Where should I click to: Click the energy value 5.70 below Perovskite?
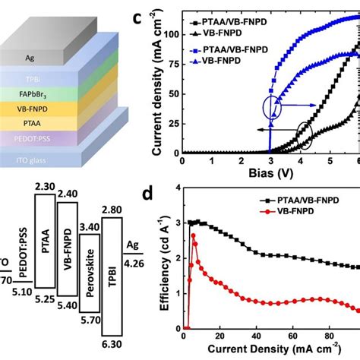tap(90, 321)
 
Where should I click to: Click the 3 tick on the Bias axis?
tap(269, 162)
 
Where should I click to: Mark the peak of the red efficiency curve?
tap(194, 236)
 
